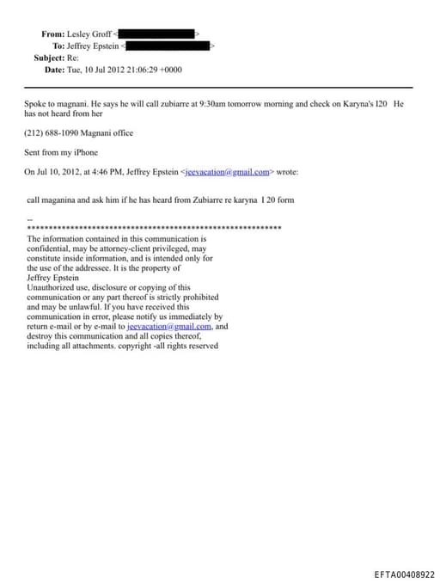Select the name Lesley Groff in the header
(89, 34)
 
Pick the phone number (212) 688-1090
(52, 133)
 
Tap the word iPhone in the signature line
(85, 152)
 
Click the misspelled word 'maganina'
(61, 199)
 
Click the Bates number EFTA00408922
(405, 574)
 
